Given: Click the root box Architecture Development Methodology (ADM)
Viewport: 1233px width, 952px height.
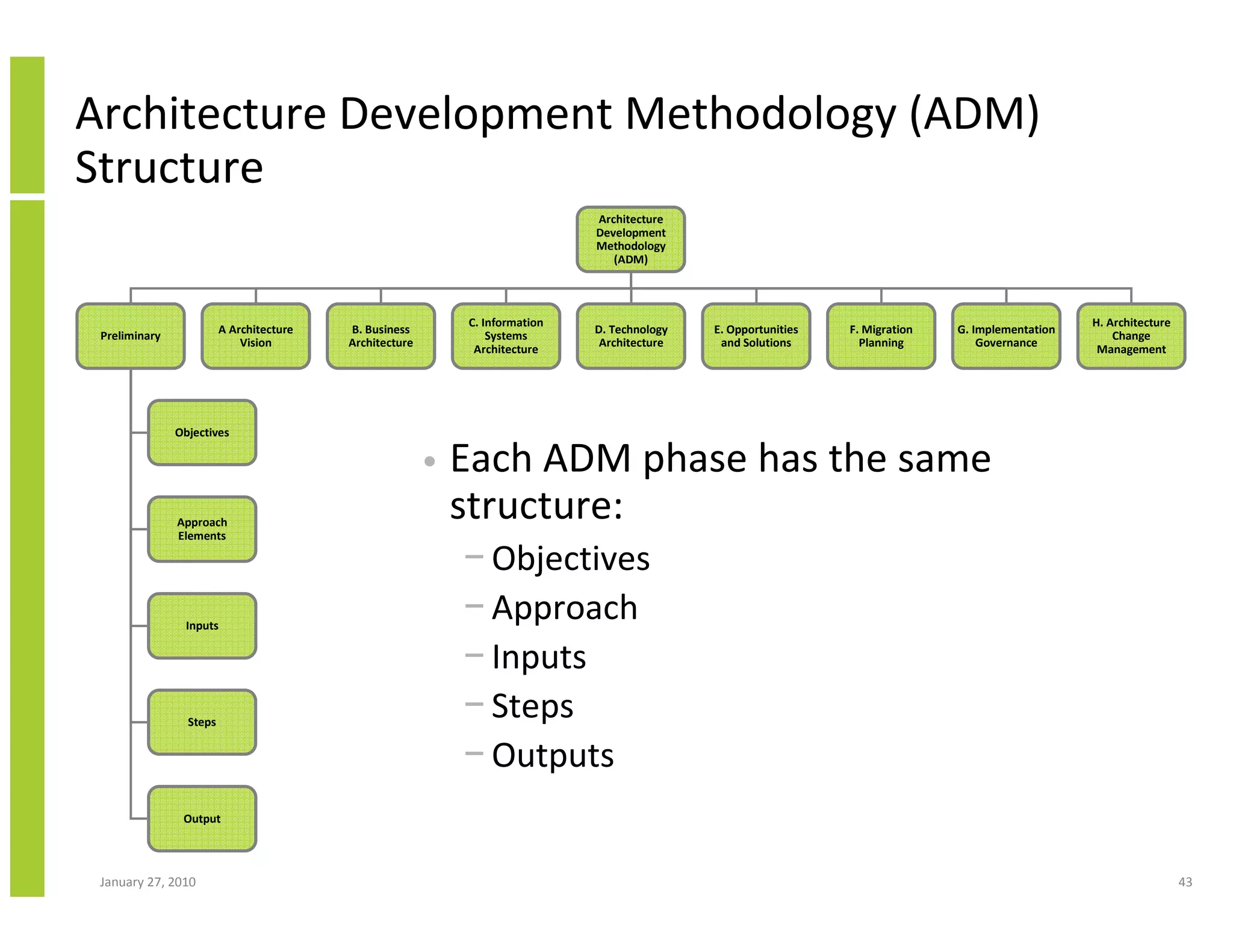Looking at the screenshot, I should pos(630,240).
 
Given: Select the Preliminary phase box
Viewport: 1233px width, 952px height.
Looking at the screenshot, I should pos(131,336).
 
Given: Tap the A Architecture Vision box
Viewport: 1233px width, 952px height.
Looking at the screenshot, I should pos(256,336).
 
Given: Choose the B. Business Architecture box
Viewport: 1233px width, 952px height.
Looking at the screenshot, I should pos(380,336).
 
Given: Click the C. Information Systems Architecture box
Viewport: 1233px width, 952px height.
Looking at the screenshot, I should pos(506,336).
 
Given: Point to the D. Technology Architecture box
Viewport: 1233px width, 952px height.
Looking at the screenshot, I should pos(631,336).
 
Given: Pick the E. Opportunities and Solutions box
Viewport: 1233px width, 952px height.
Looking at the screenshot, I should pos(756,336).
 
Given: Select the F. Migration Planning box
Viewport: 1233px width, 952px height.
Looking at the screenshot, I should pos(881,336).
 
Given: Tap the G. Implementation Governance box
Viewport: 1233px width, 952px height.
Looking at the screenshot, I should pos(1006,336).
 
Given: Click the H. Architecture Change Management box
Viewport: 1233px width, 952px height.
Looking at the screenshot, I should pos(1131,336).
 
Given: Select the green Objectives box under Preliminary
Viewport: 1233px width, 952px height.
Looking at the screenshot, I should pos(202,433).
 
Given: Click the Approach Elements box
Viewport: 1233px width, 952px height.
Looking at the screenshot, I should pos(202,529).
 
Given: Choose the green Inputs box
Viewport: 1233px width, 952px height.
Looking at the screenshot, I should pos(202,626).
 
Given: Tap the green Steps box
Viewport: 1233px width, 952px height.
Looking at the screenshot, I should pos(202,722).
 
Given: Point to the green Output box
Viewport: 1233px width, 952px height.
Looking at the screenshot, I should pos(202,818).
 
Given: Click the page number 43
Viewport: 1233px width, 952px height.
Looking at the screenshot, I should pos(1185,882).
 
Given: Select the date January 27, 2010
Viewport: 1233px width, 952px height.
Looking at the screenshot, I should pos(148,882).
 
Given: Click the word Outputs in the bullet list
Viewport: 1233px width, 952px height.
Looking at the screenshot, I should pos(553,756).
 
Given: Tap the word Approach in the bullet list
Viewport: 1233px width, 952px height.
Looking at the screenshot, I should pos(564,608).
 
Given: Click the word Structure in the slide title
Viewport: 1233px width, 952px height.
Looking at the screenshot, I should pos(169,167).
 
